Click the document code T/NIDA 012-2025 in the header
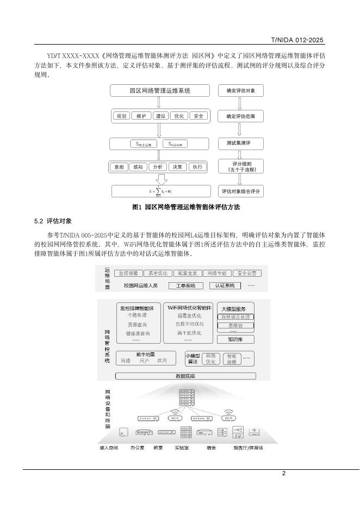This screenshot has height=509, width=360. click(297, 40)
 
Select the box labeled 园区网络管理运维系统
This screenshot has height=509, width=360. click(160, 91)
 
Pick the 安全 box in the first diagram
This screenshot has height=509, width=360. click(198, 116)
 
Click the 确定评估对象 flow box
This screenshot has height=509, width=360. click(240, 91)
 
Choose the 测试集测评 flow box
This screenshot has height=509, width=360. click(240, 144)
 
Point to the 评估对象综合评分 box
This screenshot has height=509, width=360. click(240, 191)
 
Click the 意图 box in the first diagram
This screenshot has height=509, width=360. click(118, 167)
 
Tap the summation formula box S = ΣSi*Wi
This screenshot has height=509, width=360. click(160, 191)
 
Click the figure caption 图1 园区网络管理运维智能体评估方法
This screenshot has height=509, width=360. click(186, 207)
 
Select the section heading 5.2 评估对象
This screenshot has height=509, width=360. click(53, 221)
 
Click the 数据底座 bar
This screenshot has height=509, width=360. click(185, 376)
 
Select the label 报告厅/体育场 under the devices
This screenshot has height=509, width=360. click(248, 448)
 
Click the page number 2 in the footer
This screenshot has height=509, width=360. click(283, 473)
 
